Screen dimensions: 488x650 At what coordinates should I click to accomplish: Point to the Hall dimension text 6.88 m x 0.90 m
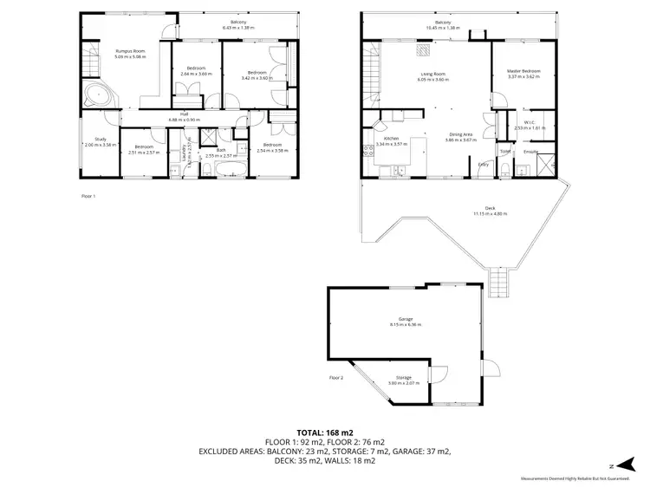[x=185, y=120]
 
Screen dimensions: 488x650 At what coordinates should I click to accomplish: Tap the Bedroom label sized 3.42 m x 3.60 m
[x=256, y=72]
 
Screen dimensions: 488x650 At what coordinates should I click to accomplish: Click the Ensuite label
[x=530, y=152]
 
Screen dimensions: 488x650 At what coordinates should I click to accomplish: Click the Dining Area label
[x=460, y=134]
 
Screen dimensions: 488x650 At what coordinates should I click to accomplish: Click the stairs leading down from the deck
[x=497, y=282]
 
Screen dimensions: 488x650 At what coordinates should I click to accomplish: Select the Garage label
[x=405, y=320]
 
